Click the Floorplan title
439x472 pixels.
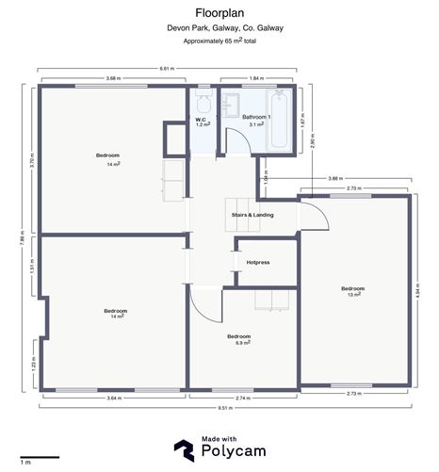pos(219,12)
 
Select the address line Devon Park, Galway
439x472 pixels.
pos(219,28)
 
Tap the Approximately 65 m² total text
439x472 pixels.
pos(219,41)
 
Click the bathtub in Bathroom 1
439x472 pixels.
pos(280,121)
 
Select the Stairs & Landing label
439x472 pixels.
pos(252,216)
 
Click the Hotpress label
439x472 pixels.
pos(258,262)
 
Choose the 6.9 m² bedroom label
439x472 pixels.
pos(239,339)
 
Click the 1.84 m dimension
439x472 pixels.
pos(256,79)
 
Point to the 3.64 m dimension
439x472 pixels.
pos(113,399)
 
